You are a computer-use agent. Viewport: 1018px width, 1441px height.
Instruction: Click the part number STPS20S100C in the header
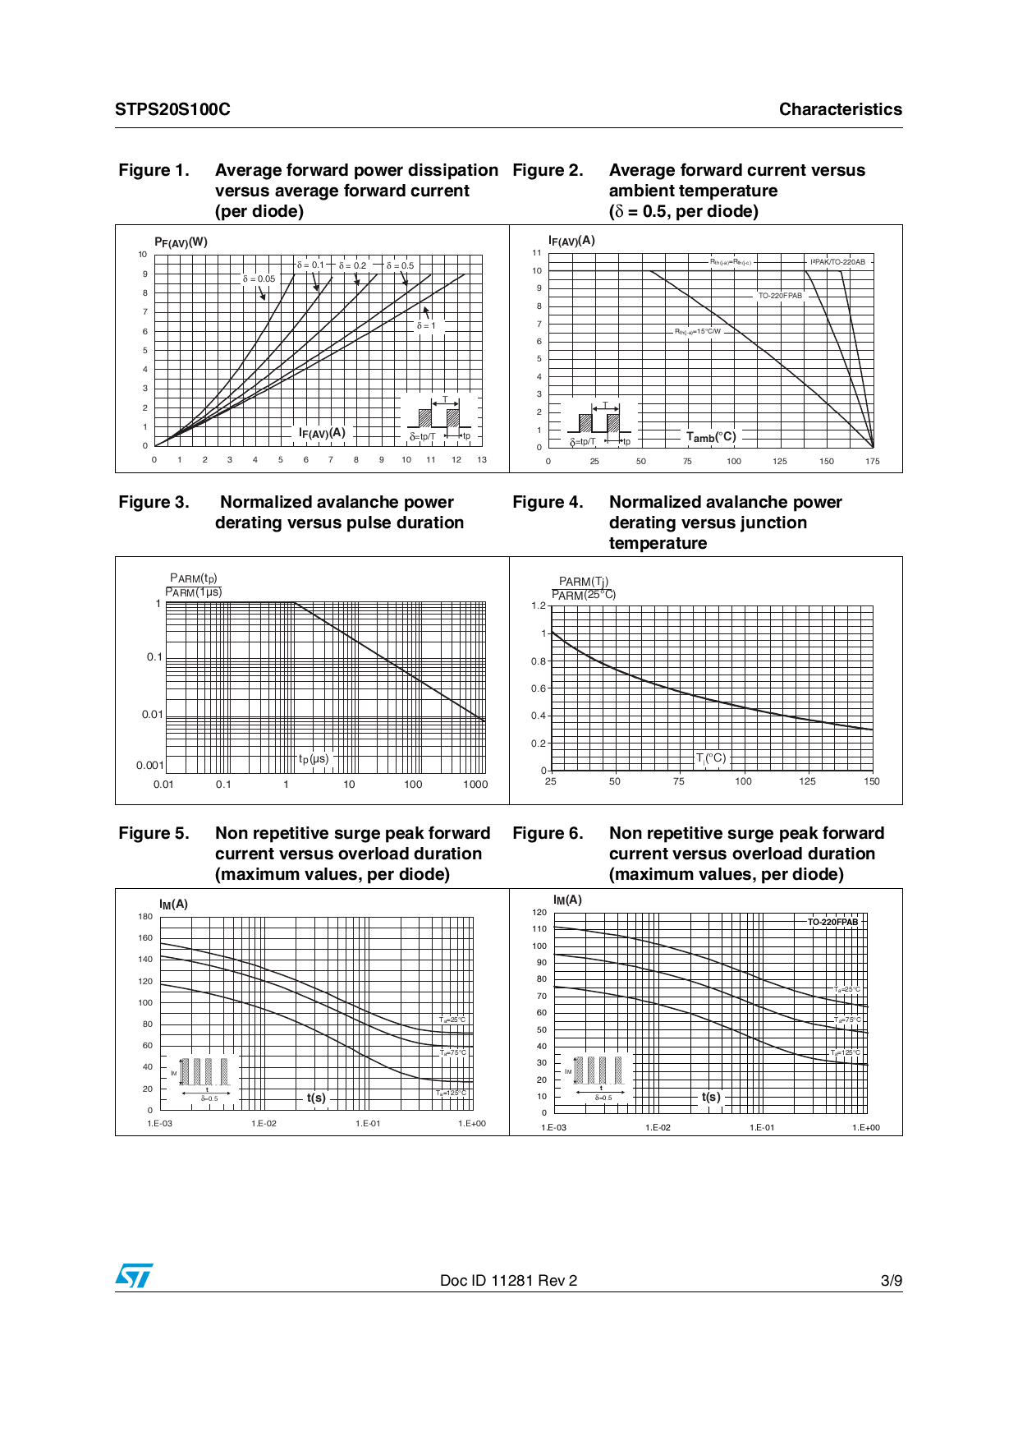pyautogui.click(x=172, y=109)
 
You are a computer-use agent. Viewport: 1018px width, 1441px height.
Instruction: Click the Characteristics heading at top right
pyautogui.click(x=840, y=109)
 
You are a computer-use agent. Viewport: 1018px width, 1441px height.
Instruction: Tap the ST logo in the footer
pyautogui.click(x=134, y=1276)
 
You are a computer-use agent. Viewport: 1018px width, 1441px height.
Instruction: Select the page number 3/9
pyautogui.click(x=891, y=1281)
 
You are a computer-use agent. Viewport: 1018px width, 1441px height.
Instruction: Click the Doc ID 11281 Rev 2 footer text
pyautogui.click(x=508, y=1281)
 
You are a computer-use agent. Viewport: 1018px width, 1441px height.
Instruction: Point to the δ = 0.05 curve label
pyautogui.click(x=259, y=279)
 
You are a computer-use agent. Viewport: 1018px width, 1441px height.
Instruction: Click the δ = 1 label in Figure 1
pyautogui.click(x=426, y=326)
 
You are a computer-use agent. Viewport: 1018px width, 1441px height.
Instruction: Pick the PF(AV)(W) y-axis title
pyautogui.click(x=181, y=242)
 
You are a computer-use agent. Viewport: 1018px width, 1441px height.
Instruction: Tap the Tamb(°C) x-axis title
pyautogui.click(x=711, y=437)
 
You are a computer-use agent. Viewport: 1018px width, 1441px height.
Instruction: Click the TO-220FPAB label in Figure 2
pyautogui.click(x=780, y=296)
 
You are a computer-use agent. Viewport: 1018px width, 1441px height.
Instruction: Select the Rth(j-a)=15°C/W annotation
pyautogui.click(x=698, y=332)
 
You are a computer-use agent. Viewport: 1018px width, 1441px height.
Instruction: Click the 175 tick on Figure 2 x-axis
pyautogui.click(x=872, y=462)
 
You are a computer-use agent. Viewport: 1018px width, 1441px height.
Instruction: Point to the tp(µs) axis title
pyautogui.click(x=314, y=759)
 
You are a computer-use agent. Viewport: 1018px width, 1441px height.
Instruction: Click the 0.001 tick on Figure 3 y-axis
pyautogui.click(x=149, y=766)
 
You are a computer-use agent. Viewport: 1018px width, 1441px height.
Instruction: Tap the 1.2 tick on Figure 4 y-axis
pyautogui.click(x=538, y=605)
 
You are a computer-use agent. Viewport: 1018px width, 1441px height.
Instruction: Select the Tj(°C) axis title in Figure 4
pyautogui.click(x=711, y=758)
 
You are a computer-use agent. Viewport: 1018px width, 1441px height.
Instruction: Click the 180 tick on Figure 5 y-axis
pyautogui.click(x=145, y=917)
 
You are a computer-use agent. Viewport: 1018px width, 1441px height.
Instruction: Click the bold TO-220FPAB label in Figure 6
pyautogui.click(x=832, y=922)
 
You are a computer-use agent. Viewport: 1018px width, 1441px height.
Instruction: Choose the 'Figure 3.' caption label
pyautogui.click(x=154, y=502)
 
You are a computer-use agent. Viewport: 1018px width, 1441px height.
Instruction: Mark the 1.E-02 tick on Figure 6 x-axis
pyautogui.click(x=658, y=1128)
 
